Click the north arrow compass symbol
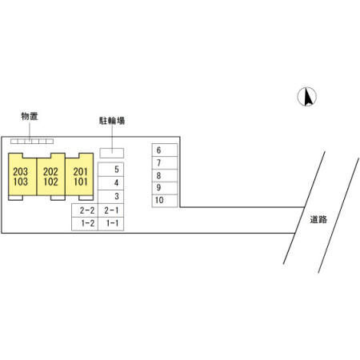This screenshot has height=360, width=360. coord(307,97)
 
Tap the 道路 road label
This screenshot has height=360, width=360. coord(318,219)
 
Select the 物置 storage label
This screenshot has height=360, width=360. coord(30,116)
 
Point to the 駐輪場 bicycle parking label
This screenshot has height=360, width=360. coord(112,121)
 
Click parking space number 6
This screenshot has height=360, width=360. coord(165,150)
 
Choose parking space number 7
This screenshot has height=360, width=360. coord(165,163)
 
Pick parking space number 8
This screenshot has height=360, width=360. coord(165,175)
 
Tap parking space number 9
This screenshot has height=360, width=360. coord(165,188)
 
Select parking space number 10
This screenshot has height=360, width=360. coord(165,201)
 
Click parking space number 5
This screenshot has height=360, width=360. coord(111,170)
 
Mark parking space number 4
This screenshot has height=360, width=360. coord(111,183)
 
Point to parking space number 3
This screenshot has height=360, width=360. coord(111,197)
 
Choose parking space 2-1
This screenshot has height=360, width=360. coord(111,210)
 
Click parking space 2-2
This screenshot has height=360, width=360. coord(85,210)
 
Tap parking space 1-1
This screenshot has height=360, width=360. coord(111,224)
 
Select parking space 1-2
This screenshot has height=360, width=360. coord(85,224)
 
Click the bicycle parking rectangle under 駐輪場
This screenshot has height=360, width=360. coord(112,153)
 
